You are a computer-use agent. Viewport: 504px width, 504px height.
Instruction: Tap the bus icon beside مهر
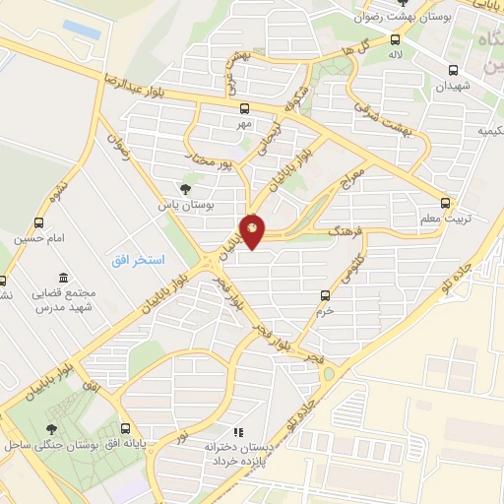(244, 109)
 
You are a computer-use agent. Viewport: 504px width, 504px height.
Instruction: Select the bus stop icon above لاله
(394, 40)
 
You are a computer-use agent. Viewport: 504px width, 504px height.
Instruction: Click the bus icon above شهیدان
(454, 70)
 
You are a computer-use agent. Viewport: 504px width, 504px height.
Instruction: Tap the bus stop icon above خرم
(326, 294)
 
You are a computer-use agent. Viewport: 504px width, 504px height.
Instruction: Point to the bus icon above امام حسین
(39, 222)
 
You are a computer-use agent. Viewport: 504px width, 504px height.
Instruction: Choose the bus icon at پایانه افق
(125, 428)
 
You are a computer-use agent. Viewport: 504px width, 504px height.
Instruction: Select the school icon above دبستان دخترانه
(236, 431)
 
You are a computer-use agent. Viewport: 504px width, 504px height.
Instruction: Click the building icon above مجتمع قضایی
(63, 278)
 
